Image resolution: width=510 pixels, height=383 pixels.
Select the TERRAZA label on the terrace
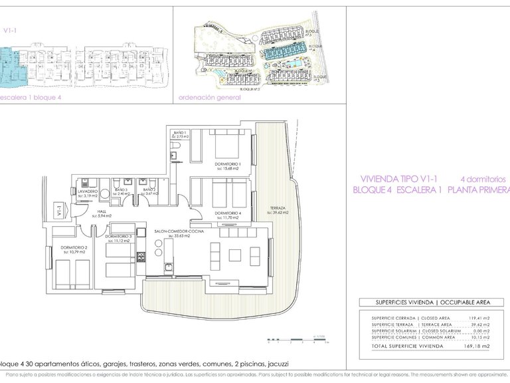tap(278, 208)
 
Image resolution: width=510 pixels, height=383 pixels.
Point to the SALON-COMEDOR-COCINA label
tap(179, 231)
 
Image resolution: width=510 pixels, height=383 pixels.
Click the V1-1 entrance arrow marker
tap(60, 212)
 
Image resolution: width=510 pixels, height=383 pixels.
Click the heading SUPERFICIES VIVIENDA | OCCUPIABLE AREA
tap(424, 303)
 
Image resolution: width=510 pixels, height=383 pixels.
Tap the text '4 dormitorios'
tap(483, 180)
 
